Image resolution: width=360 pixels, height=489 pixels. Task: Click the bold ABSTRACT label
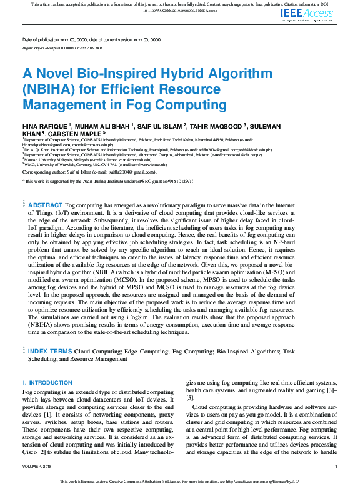point(45,205)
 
